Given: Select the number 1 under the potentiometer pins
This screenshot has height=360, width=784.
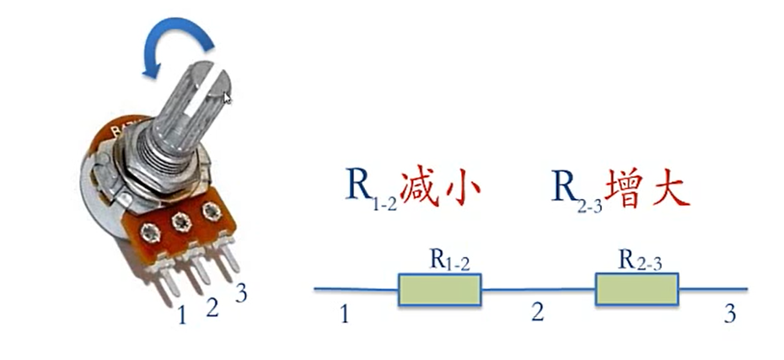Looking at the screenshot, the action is point(181,315).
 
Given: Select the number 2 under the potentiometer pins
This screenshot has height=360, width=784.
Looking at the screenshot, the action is point(212,307).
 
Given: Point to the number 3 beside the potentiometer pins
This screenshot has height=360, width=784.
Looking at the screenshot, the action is point(241,293).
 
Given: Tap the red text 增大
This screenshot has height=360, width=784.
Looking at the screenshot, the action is point(649,187).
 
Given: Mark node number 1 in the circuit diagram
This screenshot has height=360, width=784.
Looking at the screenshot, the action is point(344,314).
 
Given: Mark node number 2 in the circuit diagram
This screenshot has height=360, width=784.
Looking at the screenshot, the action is point(537,313).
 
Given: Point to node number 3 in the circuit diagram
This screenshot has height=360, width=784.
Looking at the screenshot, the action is point(729,314).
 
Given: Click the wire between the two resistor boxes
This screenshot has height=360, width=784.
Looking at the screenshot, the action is point(538,290).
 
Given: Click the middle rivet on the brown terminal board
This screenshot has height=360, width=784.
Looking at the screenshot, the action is point(180,223).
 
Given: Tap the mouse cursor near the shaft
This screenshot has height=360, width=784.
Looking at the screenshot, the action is point(227,97).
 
